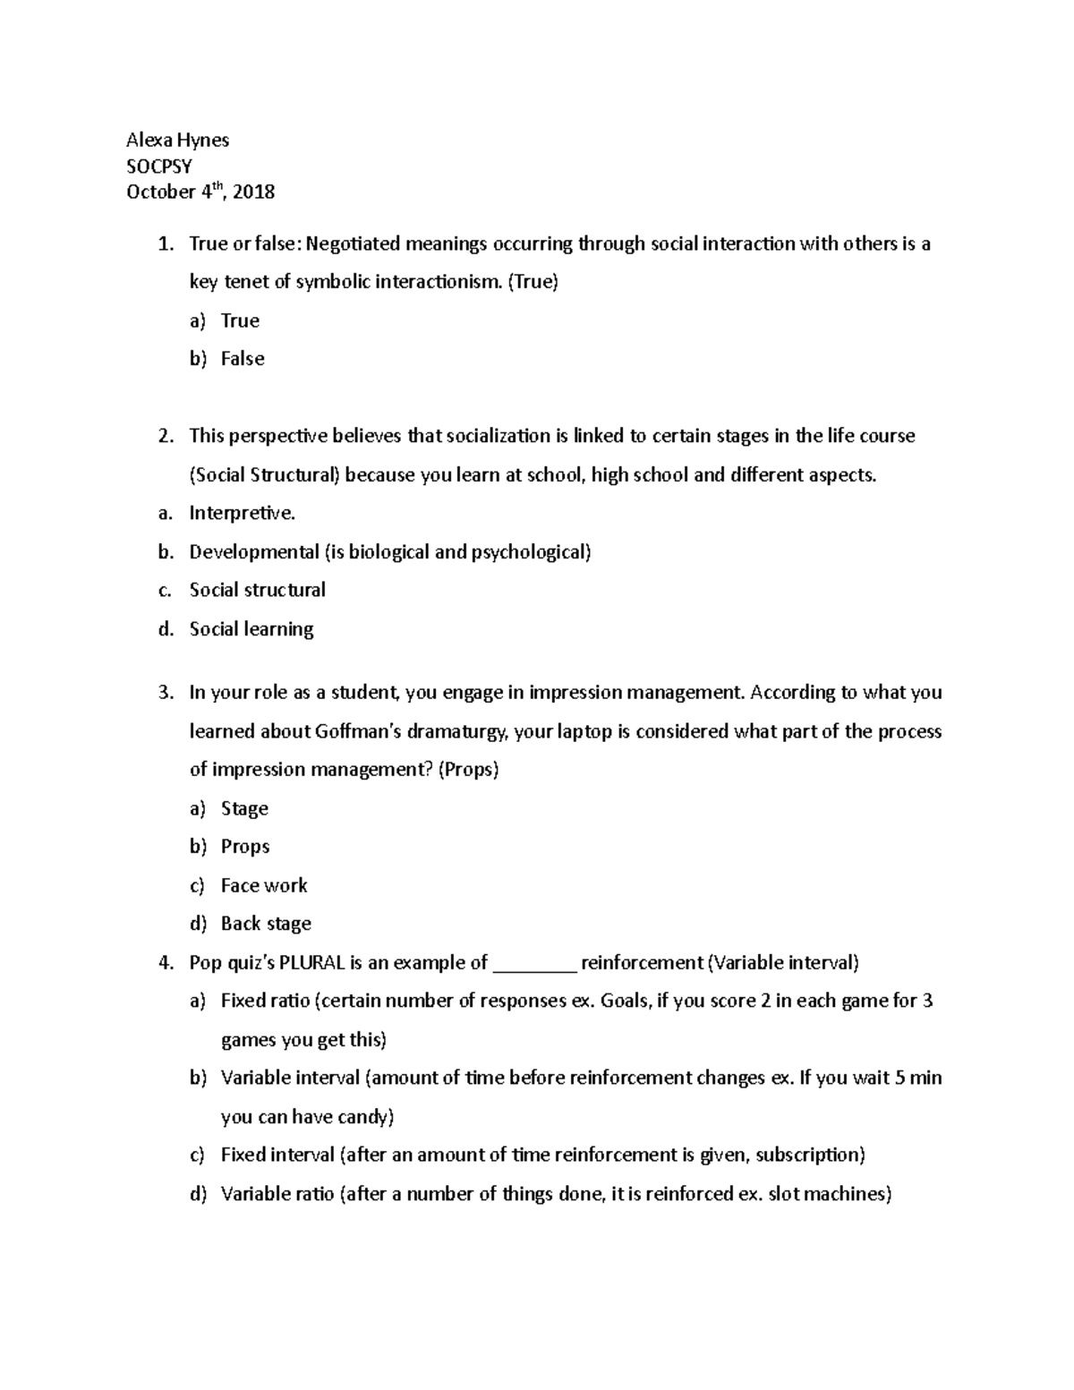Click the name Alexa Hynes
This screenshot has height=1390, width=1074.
point(177,140)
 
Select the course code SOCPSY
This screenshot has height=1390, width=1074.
point(159,166)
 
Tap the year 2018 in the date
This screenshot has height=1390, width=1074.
point(254,192)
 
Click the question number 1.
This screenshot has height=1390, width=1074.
point(163,243)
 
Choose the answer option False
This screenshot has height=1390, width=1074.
point(243,359)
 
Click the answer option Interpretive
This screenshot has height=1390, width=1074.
point(242,513)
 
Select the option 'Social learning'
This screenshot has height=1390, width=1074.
point(251,629)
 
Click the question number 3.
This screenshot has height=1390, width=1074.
point(163,693)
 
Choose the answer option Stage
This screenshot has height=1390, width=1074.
point(244,808)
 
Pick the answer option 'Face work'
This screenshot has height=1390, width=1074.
point(264,885)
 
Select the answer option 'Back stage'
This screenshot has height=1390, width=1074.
point(266,924)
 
